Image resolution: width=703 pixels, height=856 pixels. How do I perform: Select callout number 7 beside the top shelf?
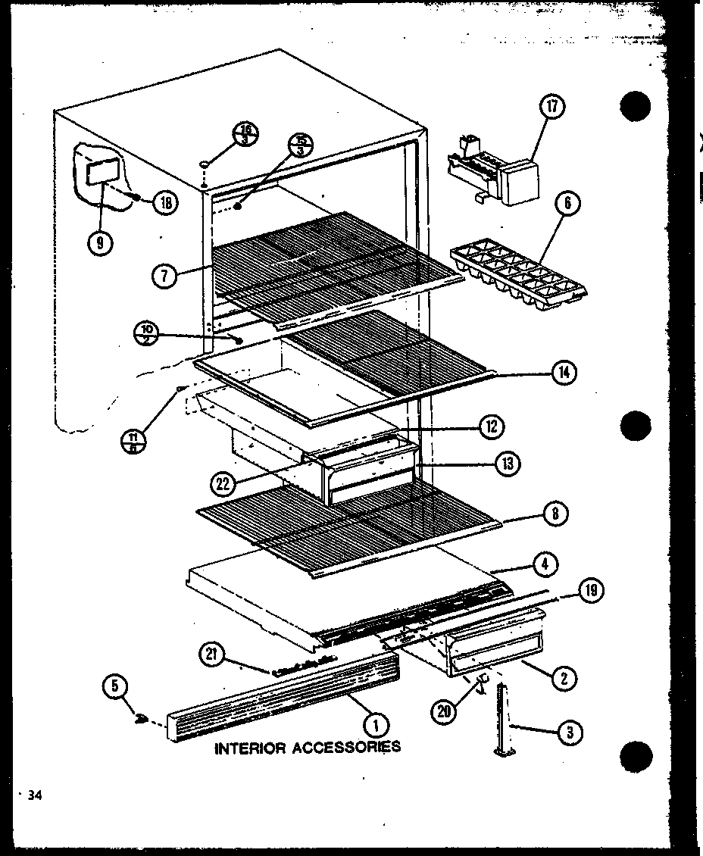[x=164, y=276]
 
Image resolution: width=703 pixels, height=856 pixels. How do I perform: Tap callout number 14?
[x=564, y=372]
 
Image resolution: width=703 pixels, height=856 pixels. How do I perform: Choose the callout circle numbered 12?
[x=490, y=426]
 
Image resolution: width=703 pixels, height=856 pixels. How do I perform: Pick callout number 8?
[x=555, y=513]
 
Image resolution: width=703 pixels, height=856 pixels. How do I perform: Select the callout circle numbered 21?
[x=213, y=654]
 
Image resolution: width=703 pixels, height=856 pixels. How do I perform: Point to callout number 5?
[x=114, y=689]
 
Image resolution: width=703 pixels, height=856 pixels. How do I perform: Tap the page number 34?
[x=33, y=795]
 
